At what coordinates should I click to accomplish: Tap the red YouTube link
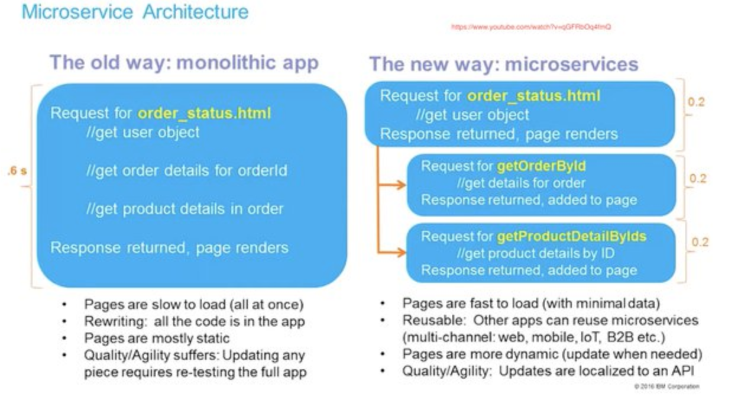(530, 27)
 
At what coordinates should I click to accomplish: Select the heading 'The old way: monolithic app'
(184, 62)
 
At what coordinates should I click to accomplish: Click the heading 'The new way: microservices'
(504, 64)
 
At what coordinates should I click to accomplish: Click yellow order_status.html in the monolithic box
(204, 112)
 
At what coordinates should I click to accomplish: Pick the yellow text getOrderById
(542, 166)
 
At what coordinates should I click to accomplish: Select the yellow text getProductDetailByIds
(571, 237)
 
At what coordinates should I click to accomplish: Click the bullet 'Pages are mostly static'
(157, 338)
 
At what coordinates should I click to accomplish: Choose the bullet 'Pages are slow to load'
(193, 305)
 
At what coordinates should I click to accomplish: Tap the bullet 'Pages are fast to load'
(530, 304)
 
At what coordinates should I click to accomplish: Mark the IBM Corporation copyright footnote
(666, 386)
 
